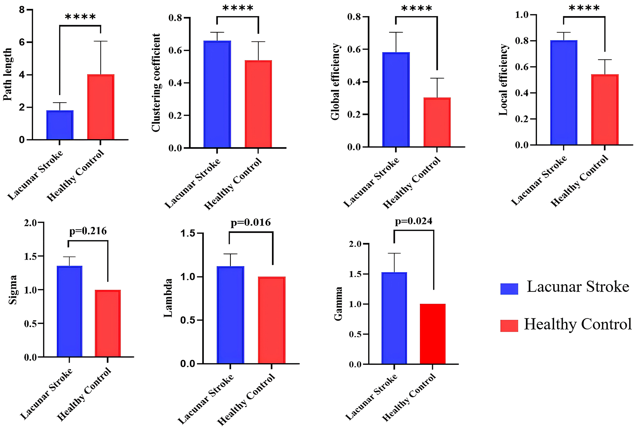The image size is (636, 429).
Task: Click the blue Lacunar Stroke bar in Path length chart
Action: pos(60,125)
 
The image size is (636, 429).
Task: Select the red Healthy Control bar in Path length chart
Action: pos(101,107)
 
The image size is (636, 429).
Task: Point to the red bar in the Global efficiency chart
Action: pos(437,122)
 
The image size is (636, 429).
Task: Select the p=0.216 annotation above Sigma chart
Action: pos(88,231)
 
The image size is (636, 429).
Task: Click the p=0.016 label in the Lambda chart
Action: pos(251,223)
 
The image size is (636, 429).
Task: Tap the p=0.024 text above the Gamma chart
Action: pos(413,221)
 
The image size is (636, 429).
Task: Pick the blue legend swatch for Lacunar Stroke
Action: pos(509,289)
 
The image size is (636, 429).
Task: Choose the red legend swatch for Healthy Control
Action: pos(509,326)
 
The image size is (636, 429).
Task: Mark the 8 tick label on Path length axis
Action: pos(22,10)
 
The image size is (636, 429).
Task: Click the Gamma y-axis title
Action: pos(338,304)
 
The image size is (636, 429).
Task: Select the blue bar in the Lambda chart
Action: pos(230,315)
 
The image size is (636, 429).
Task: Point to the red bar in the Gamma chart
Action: pos(432,334)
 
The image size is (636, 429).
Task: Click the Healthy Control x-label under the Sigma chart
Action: pos(85,394)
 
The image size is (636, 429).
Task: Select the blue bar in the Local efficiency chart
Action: pos(563,93)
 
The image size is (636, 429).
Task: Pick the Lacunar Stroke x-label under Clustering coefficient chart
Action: pos(192,183)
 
